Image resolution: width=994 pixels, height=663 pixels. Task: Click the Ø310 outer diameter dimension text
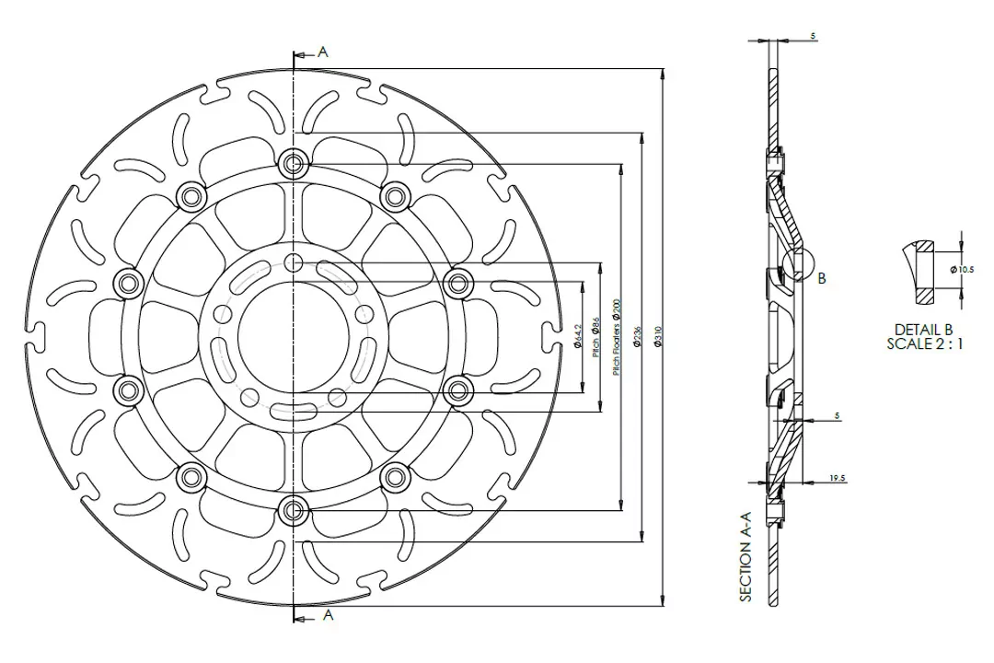pos(657,338)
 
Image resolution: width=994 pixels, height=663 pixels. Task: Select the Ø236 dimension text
pos(637,338)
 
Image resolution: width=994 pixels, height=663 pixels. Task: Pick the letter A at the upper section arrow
pos(322,52)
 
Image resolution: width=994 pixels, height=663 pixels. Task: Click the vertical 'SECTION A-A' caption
pos(745,558)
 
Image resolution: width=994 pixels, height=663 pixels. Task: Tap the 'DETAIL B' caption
pos(924,330)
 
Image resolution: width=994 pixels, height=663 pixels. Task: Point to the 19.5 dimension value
pos(837,479)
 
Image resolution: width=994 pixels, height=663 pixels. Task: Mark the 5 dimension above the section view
pos(814,36)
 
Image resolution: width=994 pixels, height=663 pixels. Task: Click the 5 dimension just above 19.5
pos(837,416)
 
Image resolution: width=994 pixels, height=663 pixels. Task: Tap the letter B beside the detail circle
pos(822,279)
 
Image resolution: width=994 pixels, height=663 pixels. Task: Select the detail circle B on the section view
pos(797,264)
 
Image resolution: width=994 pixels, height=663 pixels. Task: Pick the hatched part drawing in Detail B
pos(920,272)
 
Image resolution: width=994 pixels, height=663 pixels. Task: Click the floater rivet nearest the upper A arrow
pos(295,164)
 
